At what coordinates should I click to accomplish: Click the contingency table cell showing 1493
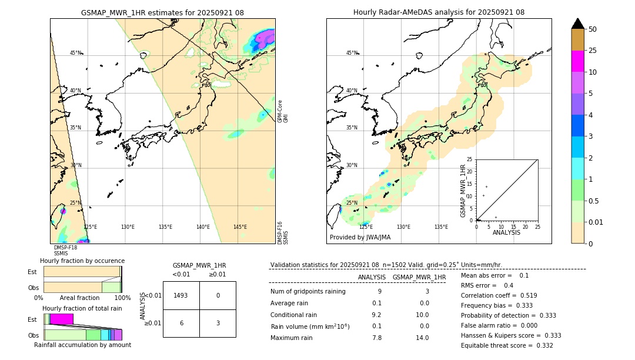[181, 295]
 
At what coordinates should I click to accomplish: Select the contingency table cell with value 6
[181, 323]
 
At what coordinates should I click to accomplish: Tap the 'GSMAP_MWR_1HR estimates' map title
[162, 12]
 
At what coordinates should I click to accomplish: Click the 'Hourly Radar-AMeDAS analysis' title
[439, 12]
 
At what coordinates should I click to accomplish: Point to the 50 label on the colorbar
[593, 29]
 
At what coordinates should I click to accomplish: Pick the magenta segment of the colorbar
[578, 61]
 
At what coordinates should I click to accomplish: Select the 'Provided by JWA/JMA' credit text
[360, 237]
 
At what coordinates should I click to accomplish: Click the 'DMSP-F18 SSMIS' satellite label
[65, 251]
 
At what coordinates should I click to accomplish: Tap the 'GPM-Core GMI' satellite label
[282, 111]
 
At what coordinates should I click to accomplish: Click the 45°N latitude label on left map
[76, 53]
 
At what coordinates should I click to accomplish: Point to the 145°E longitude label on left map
[240, 227]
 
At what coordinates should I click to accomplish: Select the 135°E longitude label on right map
[441, 227]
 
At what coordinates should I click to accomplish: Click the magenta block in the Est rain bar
[61, 319]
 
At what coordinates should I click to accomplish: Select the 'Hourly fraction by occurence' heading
[82, 261]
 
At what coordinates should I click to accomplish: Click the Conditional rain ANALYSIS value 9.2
[376, 315]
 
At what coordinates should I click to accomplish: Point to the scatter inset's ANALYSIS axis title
[506, 232]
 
